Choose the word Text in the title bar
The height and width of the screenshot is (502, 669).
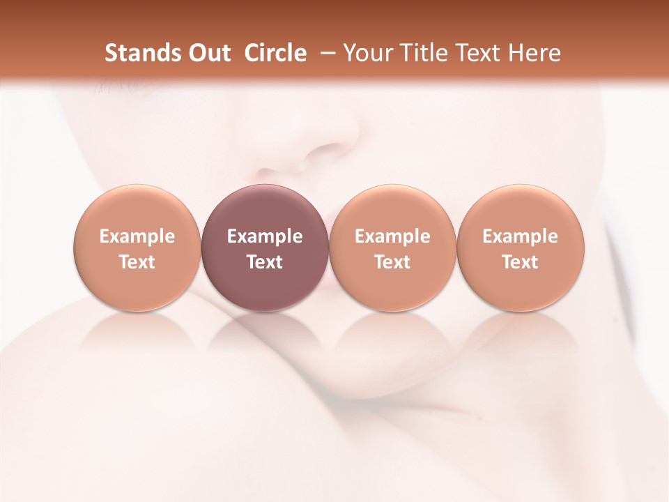coord(480,53)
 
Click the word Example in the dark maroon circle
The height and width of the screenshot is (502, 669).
coord(265,236)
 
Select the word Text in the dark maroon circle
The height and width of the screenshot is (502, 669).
coord(265,262)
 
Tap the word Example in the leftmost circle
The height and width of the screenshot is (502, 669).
coord(137,236)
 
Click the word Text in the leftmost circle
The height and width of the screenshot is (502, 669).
coord(137,262)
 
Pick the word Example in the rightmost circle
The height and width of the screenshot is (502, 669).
coord(521,236)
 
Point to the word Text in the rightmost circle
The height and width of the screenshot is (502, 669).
coord(521,262)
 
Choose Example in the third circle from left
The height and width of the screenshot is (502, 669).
coord(392,236)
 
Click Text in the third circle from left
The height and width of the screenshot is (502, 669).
coord(392,262)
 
